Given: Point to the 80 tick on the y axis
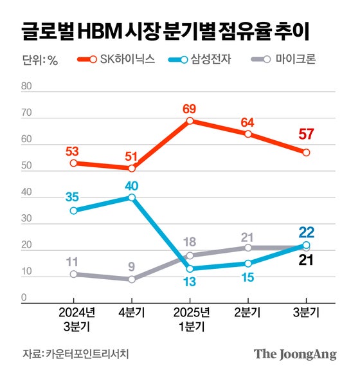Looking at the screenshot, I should pyautogui.click(x=27, y=86).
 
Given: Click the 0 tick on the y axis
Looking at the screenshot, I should pyautogui.click(x=23, y=298).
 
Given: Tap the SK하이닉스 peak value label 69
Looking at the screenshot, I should pyautogui.click(x=190, y=107).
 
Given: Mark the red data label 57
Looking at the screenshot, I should pyautogui.click(x=306, y=135).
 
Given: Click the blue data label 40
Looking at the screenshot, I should pyautogui.click(x=132, y=185).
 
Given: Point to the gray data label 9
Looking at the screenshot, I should pyautogui.click(x=132, y=266).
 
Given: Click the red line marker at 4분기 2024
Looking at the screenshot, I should pyautogui.click(x=132, y=169).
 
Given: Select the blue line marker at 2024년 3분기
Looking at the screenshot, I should pyautogui.click(x=74, y=210).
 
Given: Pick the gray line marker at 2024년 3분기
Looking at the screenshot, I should pyautogui.click(x=74, y=274).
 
